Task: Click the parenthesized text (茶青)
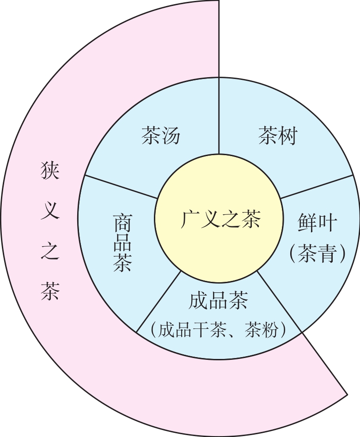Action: pyautogui.click(x=317, y=253)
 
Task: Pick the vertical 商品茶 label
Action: pyautogui.click(x=122, y=243)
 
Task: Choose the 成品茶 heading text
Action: pyautogui.click(x=219, y=301)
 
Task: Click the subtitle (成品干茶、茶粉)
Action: pyautogui.click(x=219, y=330)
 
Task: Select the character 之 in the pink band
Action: pyautogui.click(x=49, y=251)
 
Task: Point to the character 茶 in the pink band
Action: pyautogui.click(x=49, y=291)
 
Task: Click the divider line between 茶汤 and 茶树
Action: pyautogui.click(x=219, y=115)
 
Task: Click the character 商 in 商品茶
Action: pyautogui.click(x=122, y=223)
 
